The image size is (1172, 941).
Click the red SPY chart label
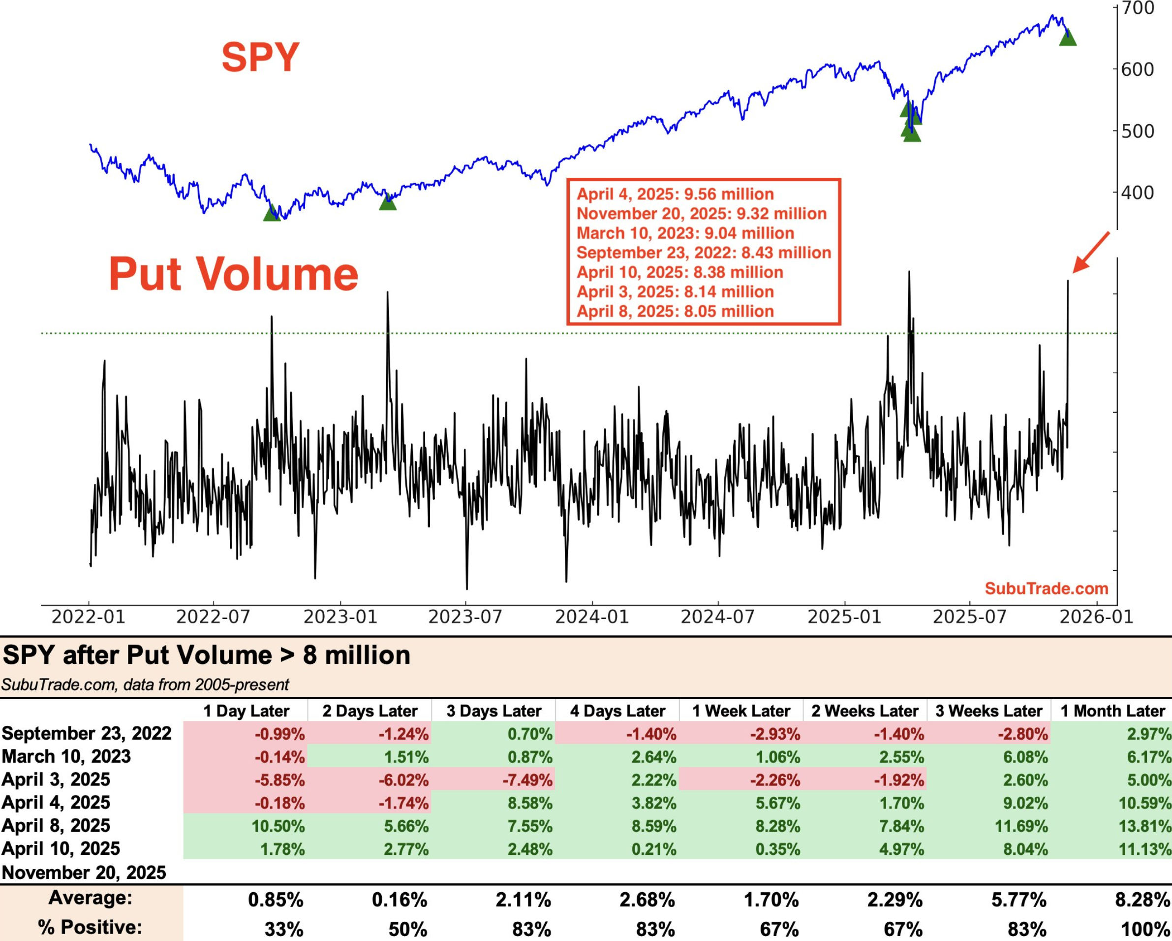point(260,57)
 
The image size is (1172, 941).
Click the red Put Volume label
point(234,274)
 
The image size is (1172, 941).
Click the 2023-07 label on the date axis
point(465,617)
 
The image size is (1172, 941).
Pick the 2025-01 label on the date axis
point(844,617)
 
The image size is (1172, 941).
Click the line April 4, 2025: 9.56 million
point(675,194)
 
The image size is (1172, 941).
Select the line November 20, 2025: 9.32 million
point(701,214)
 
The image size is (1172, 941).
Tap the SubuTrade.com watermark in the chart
point(1047,588)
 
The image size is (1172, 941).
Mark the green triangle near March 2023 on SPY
point(388,202)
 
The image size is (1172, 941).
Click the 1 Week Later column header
point(741,711)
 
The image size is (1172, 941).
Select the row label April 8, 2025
point(56,826)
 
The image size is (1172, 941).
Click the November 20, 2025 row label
point(84,873)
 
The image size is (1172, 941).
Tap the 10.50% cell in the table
point(278,826)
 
